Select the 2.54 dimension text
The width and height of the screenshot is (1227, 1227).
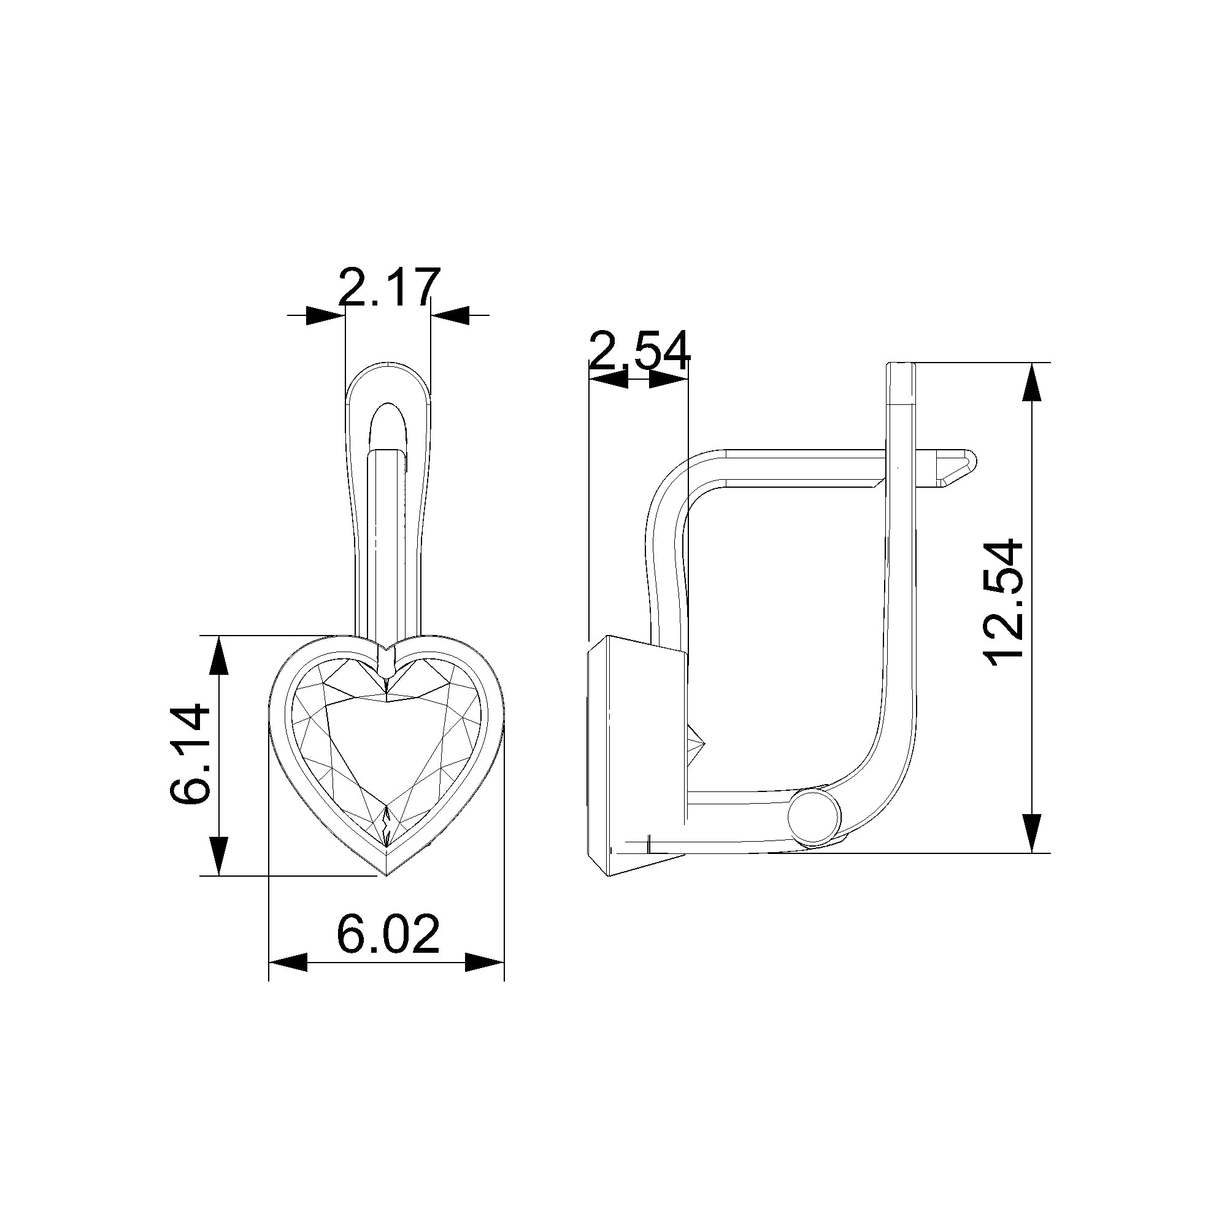tap(639, 350)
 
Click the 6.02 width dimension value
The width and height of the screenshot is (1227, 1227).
tap(387, 934)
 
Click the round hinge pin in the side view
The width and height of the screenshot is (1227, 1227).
tap(814, 817)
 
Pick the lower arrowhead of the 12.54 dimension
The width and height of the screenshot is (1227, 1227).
tap(1033, 833)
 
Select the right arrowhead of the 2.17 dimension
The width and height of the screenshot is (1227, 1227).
tap(450, 315)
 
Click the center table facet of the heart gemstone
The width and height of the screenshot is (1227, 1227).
tap(387, 743)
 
